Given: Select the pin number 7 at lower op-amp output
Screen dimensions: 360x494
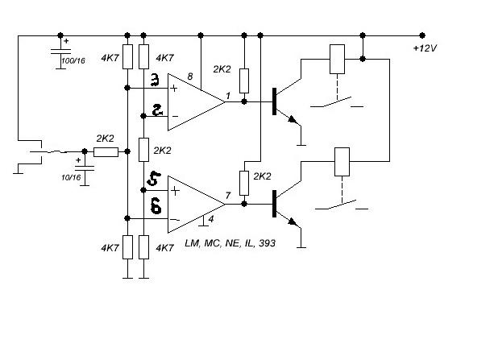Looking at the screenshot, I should pyautogui.click(x=229, y=197).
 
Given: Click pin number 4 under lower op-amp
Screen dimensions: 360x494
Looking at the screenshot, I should pyautogui.click(x=211, y=220).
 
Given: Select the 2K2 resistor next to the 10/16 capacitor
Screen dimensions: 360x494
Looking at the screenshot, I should pyautogui.click(x=106, y=151).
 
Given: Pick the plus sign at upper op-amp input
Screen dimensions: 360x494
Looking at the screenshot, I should pyautogui.click(x=173, y=87).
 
